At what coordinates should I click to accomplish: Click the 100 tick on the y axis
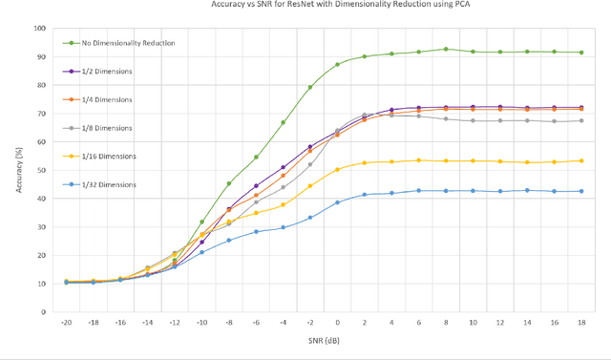(39, 29)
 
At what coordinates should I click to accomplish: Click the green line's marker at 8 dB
(446, 49)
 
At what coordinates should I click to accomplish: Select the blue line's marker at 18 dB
(581, 191)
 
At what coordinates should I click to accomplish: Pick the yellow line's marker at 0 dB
(337, 169)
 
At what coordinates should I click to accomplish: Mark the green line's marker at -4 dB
(284, 122)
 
